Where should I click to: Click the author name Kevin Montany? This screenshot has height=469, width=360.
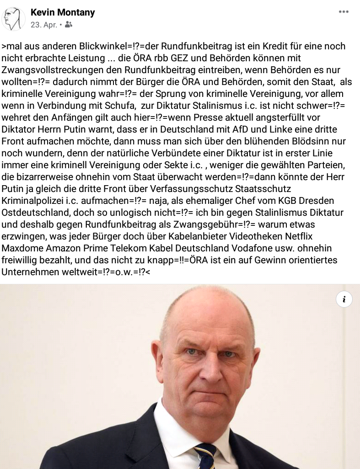tap(63, 12)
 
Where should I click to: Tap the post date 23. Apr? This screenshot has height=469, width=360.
tap(43, 25)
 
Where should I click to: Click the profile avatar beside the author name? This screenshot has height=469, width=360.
tap(14, 19)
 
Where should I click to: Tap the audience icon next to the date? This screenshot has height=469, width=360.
tap(69, 25)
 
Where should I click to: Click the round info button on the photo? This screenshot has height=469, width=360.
tap(344, 299)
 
